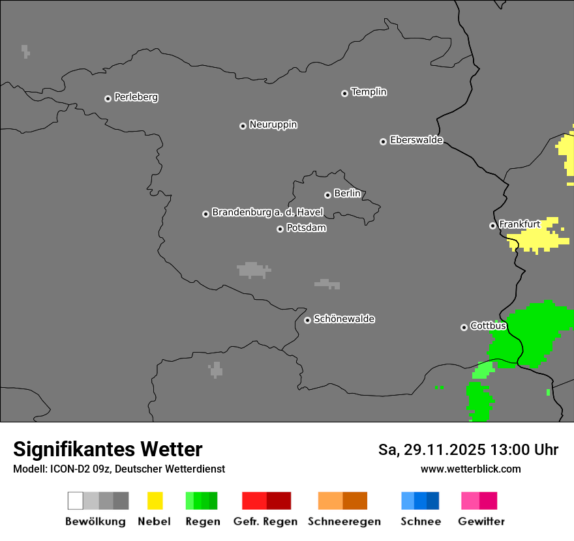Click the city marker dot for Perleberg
108,98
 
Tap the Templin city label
369,92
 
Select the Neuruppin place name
273,124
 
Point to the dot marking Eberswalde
383,141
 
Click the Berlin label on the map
347,194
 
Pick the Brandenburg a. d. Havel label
267,212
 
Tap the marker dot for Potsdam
280,229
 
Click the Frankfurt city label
519,224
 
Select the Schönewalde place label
344,319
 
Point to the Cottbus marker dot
464,327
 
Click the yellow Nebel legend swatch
155,501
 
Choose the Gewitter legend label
481,521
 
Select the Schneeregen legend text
344,521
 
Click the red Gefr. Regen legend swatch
266,501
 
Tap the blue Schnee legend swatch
420,501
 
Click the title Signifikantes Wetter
108,449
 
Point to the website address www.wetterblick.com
470,469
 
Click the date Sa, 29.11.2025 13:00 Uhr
468,450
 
